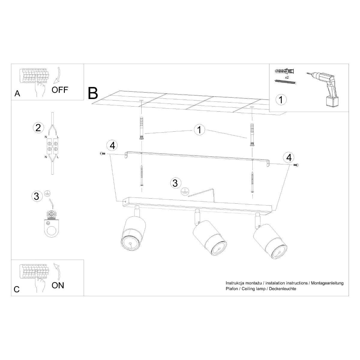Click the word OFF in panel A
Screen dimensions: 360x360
(60, 90)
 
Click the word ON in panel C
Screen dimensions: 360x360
(58, 285)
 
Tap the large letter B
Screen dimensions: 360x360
(93, 93)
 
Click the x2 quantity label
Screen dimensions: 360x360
(287, 77)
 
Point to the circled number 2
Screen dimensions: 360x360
(38, 128)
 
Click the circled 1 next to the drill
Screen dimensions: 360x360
(281, 100)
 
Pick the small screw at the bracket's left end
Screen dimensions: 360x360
(103, 153)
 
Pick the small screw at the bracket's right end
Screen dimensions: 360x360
(296, 165)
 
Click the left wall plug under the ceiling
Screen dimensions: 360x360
(141, 128)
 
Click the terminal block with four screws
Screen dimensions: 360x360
(52, 146)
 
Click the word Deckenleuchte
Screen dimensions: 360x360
(283, 289)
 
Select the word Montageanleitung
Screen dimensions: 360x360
(327, 283)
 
